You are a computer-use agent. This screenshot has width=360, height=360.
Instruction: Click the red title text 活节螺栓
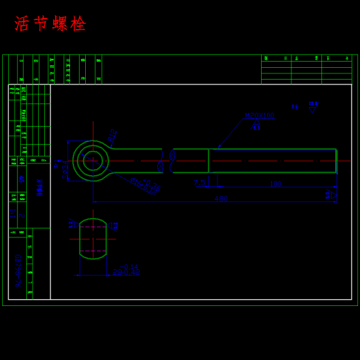(51, 24)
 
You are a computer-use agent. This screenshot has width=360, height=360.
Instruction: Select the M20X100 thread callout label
(259, 116)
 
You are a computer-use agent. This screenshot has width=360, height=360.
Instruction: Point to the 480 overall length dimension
(221, 199)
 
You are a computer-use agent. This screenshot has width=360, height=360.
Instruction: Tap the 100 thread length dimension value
(276, 184)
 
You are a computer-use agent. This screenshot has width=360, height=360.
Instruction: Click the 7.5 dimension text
(199, 182)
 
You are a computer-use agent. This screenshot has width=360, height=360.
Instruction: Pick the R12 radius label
(112, 136)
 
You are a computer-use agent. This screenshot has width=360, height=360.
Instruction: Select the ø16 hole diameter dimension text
(145, 186)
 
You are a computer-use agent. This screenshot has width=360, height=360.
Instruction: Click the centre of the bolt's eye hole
(93, 161)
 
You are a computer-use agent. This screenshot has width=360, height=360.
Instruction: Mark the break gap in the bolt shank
(167, 161)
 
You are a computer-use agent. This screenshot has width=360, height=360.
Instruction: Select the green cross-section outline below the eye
(93, 239)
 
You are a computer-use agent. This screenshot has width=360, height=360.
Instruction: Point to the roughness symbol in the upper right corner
(313, 107)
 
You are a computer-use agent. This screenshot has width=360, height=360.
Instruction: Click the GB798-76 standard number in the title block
(17, 270)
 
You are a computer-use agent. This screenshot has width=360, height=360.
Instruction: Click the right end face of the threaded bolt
(336, 161)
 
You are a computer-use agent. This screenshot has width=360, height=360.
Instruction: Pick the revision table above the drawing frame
(306, 69)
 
